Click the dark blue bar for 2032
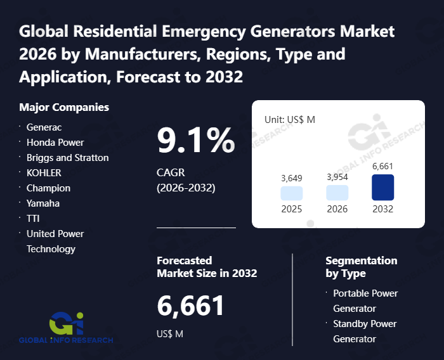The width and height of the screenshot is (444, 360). click(383, 188)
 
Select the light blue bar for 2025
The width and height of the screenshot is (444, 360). click(292, 193)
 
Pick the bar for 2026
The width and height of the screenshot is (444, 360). click(337, 193)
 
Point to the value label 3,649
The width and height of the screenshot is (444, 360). click(292, 178)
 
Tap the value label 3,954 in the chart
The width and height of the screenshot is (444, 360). click(337, 177)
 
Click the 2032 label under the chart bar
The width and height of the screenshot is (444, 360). click(383, 209)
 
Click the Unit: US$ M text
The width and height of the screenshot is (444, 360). click(289, 119)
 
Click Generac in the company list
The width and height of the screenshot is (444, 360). click(44, 127)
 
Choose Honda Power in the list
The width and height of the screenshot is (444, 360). click(55, 142)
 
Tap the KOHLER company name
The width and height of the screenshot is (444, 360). click(44, 172)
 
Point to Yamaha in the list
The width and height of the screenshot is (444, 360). click(44, 203)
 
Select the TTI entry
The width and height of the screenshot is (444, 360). click(34, 218)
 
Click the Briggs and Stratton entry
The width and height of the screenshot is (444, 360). click(68, 157)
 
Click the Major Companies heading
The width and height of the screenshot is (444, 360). click(64, 107)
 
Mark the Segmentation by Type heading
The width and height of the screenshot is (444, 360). click(361, 267)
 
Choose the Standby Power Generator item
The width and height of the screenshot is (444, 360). click(365, 331)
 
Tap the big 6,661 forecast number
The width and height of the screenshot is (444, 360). click(190, 306)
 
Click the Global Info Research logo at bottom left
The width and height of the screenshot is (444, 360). click(66, 326)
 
